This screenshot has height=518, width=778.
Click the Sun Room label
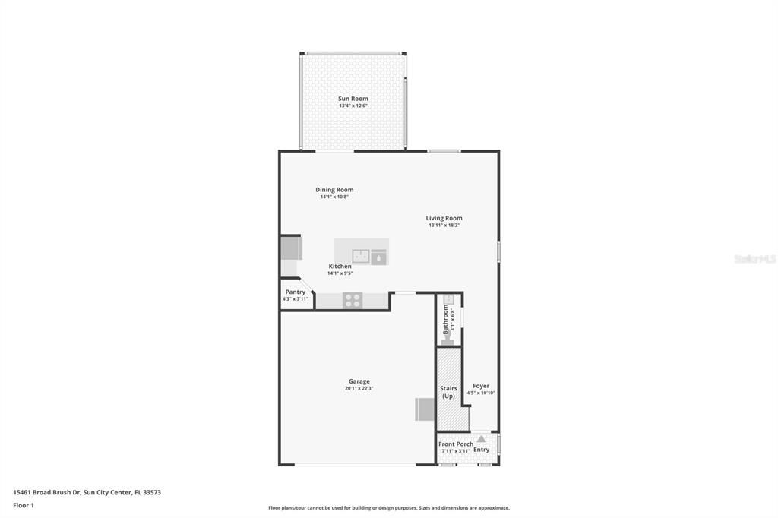pyautogui.click(x=353, y=99)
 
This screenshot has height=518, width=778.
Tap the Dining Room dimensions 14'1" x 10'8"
pyautogui.click(x=334, y=197)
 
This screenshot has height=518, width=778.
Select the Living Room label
pyautogui.click(x=444, y=218)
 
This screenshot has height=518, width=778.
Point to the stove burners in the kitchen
pyautogui.click(x=352, y=301)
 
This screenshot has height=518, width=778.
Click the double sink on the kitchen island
pyautogui.click(x=361, y=256)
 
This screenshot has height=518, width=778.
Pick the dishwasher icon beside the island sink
pyautogui.click(x=378, y=257)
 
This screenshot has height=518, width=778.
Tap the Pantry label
pyautogui.click(x=296, y=292)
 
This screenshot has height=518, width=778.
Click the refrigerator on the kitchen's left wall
pyautogui.click(x=291, y=249)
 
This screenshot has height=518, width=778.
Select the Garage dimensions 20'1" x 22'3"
pyautogui.click(x=359, y=389)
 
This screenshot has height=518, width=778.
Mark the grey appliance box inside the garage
pyautogui.click(x=424, y=409)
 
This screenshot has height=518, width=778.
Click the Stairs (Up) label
pyautogui.click(x=448, y=392)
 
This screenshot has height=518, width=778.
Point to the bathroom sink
pyautogui.click(x=448, y=298)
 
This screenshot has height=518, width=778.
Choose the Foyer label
pyautogui.click(x=481, y=386)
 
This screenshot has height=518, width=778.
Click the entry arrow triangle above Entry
pyautogui.click(x=481, y=438)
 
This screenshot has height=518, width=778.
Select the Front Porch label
pyautogui.click(x=456, y=444)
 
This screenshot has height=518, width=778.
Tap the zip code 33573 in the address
pyautogui.click(x=152, y=492)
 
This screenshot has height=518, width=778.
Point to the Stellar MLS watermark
pyautogui.click(x=754, y=259)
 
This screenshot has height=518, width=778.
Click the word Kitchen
pyautogui.click(x=340, y=267)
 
